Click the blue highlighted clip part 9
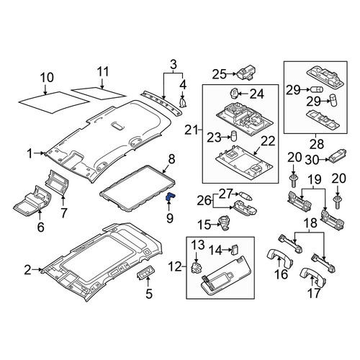pyautogui.click(x=170, y=197)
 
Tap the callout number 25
pyautogui.click(x=219, y=74)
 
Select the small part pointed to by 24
pyautogui.click(x=234, y=94)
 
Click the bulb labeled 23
pyautogui.click(x=233, y=136)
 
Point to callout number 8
pyautogui.click(x=172, y=159)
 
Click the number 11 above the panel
pyautogui.click(x=103, y=71)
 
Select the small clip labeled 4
pyautogui.click(x=184, y=102)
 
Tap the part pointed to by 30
pyautogui.click(x=338, y=156)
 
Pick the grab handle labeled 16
pyautogui.click(x=280, y=259)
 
